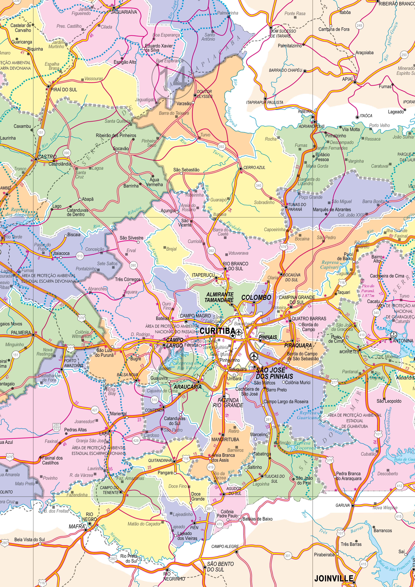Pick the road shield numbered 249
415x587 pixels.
(359, 25)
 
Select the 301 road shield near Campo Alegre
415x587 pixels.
(288, 556)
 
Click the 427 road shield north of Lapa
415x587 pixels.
(95, 410)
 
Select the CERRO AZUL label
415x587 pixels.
(254, 167)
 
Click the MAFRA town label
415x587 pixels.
(76, 526)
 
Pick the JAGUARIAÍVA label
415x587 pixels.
(124, 12)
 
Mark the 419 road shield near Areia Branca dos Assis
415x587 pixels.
(210, 467)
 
